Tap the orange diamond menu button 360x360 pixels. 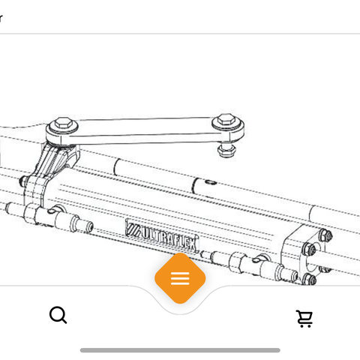pos(180,278)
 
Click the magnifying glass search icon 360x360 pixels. pos(58,315)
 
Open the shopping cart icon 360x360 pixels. pos(304,319)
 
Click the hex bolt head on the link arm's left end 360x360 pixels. pos(62,124)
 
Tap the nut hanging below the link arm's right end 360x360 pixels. pos(226,150)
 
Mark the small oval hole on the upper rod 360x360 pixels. pos(211,182)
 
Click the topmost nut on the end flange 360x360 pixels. pos(326,235)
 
